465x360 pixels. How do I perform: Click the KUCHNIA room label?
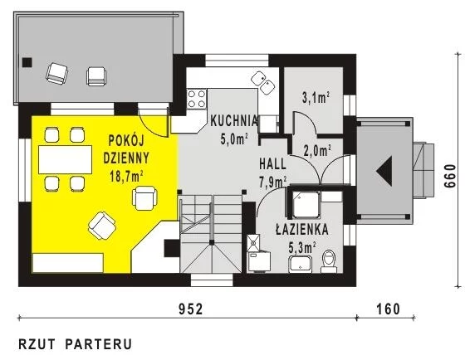[234, 121]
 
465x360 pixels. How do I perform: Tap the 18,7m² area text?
[127, 177]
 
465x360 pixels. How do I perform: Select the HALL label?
[273, 164]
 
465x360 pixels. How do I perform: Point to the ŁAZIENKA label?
[302, 229]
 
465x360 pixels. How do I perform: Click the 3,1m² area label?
[316, 98]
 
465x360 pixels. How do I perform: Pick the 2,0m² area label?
[317, 151]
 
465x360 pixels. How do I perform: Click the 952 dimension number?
[191, 309]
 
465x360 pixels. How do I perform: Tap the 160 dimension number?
[389, 309]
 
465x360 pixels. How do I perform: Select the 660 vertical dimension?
[450, 175]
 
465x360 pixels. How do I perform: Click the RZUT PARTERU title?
[75, 344]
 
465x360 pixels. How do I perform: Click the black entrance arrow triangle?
[384, 171]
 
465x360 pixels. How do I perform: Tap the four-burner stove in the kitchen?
[197, 99]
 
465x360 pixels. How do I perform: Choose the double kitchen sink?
[262, 83]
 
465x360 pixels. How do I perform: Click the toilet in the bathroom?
[329, 261]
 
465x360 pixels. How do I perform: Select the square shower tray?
[306, 204]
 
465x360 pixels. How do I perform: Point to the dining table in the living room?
[65, 159]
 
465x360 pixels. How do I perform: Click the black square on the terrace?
[27, 62]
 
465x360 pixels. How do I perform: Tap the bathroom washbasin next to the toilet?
[301, 265]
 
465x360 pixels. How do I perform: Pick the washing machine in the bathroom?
[259, 260]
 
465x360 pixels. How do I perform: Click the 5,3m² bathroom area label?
[302, 248]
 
